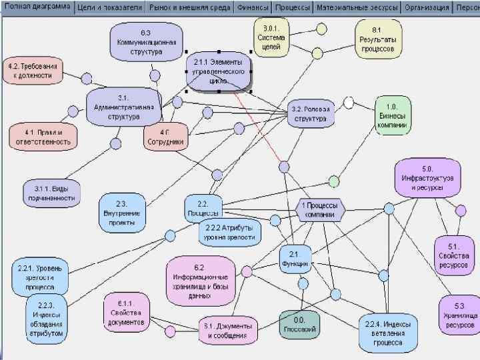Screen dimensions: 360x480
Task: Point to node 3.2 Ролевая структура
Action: point(311,114)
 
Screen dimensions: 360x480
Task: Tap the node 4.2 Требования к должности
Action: point(33,71)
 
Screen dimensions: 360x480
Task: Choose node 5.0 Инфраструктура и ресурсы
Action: point(427,177)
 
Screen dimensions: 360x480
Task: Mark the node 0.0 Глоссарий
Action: point(299,324)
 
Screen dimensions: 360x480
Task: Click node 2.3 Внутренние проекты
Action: point(123,208)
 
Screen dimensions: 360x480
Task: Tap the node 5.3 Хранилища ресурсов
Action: point(460,315)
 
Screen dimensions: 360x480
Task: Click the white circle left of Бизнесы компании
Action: point(348,103)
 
